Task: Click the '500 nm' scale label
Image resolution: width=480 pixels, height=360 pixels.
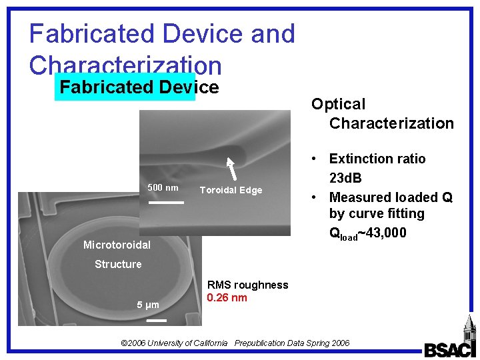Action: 163,188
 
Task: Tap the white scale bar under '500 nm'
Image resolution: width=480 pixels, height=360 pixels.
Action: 165,201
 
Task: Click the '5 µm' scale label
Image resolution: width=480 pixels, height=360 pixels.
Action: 148,305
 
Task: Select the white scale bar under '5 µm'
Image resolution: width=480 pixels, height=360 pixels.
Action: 155,320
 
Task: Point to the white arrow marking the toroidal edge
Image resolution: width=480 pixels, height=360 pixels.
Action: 231,169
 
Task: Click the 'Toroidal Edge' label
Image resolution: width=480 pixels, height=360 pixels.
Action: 231,191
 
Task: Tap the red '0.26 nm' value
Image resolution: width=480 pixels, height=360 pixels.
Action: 227,298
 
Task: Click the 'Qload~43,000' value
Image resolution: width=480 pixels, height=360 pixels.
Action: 367,233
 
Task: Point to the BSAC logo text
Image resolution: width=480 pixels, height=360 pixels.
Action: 450,349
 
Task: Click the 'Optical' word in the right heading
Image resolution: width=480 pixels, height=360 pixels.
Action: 338,105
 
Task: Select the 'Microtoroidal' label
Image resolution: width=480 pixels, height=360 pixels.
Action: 117,245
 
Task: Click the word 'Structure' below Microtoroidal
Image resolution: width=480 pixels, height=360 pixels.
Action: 118,265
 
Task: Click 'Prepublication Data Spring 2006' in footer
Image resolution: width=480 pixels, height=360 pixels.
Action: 292,343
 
